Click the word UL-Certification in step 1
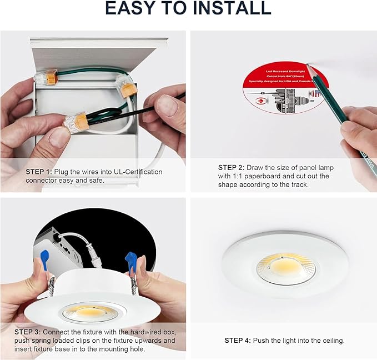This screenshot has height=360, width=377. point(136,172)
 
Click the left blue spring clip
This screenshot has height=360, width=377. point(45,259)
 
